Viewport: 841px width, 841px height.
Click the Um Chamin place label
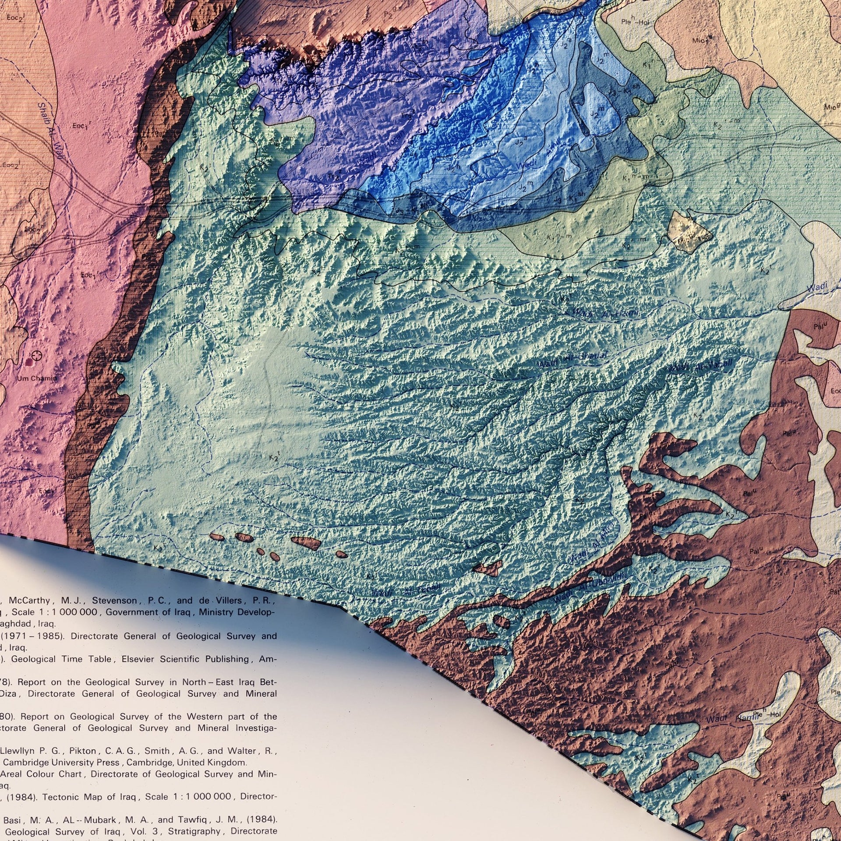[x=37, y=378]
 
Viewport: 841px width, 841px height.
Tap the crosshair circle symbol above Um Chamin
[x=37, y=355]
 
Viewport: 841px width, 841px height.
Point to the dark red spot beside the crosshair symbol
[x=29, y=362]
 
